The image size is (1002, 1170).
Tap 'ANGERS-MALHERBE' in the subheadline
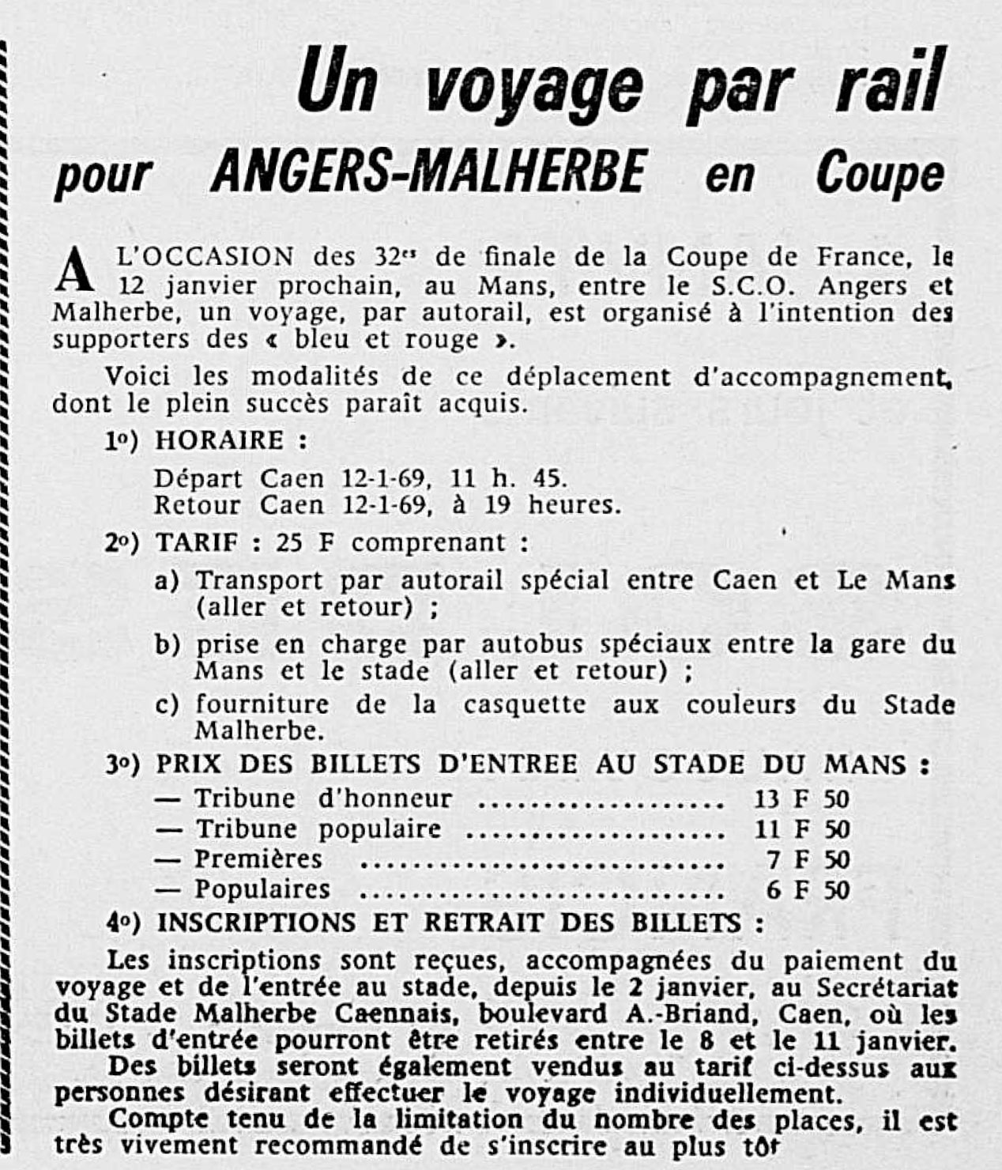(x=428, y=172)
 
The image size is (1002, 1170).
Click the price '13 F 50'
(x=800, y=799)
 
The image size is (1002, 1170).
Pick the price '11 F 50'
(x=800, y=829)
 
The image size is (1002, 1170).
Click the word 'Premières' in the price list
(x=258, y=859)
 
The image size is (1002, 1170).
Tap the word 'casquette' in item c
(x=524, y=704)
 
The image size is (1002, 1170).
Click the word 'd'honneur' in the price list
(x=385, y=798)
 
